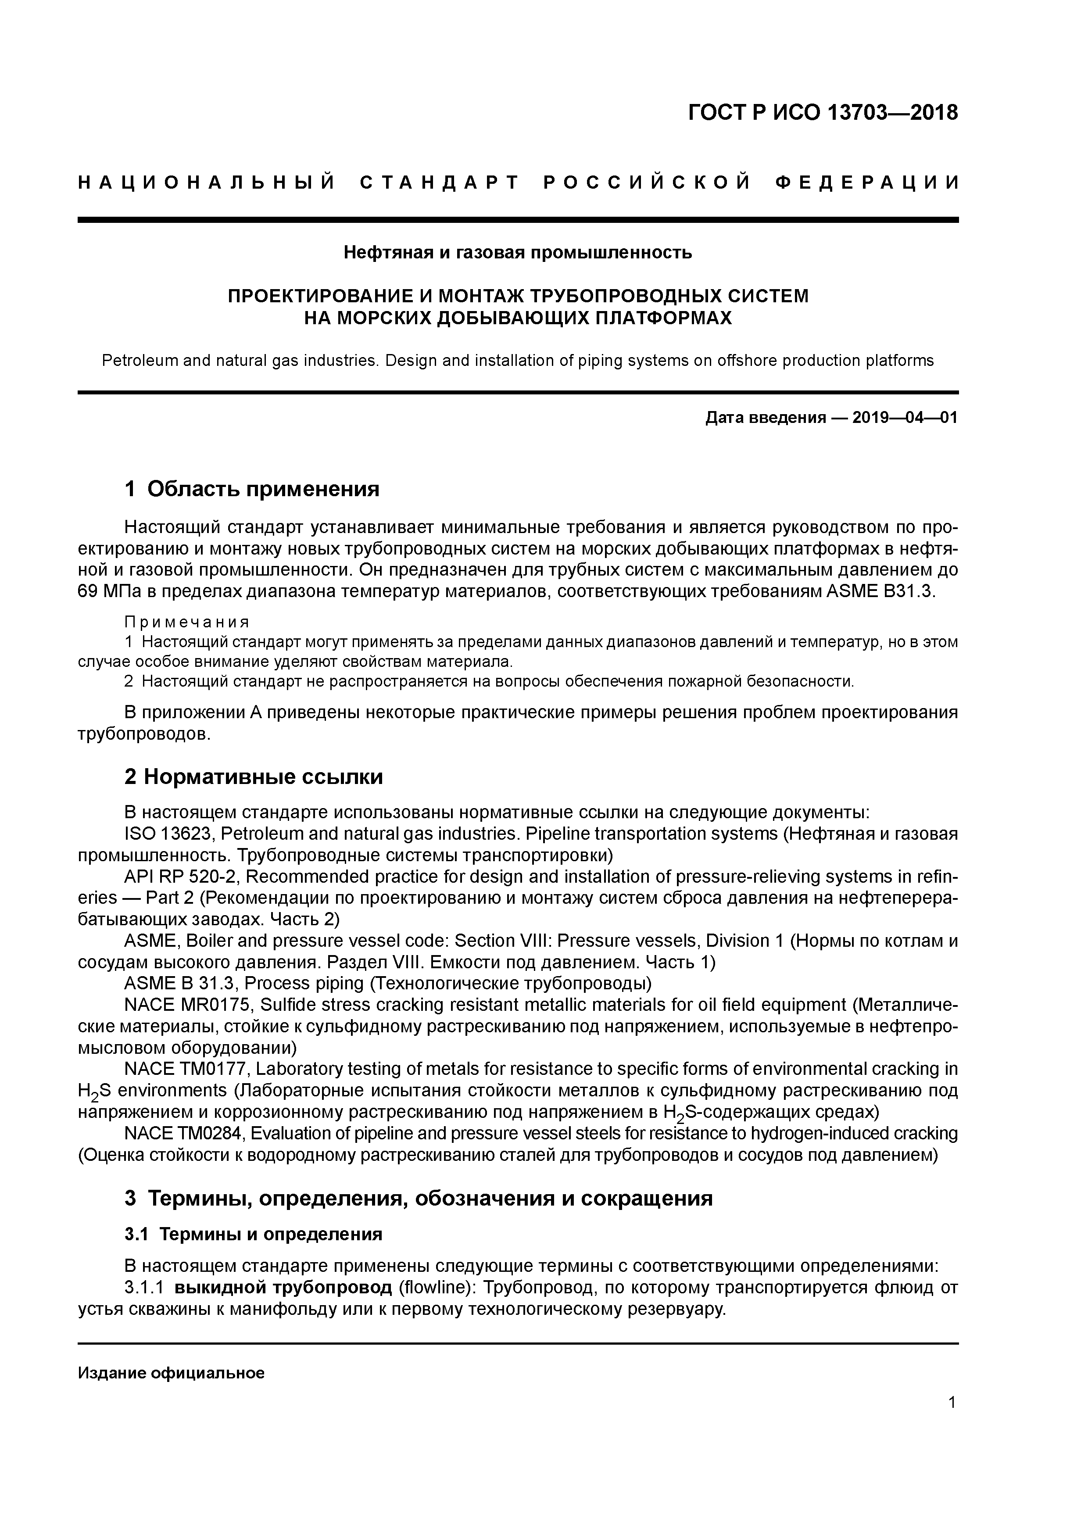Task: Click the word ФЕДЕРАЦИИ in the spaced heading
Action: [x=867, y=183]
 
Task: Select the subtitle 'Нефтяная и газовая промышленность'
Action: [x=518, y=253]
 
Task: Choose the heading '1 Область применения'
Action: [x=252, y=489]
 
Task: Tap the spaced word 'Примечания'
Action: [x=187, y=622]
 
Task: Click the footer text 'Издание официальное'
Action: [x=171, y=1374]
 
